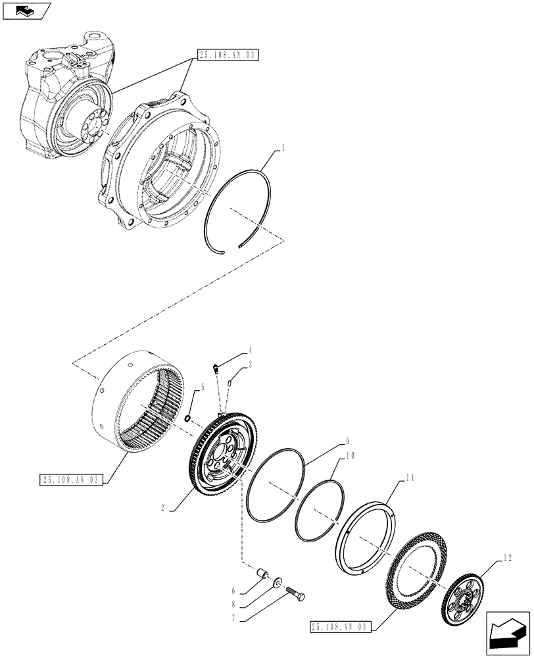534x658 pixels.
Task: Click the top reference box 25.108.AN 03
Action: [227, 55]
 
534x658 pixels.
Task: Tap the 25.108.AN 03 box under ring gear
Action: [70, 480]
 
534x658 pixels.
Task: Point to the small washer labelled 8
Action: [278, 582]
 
